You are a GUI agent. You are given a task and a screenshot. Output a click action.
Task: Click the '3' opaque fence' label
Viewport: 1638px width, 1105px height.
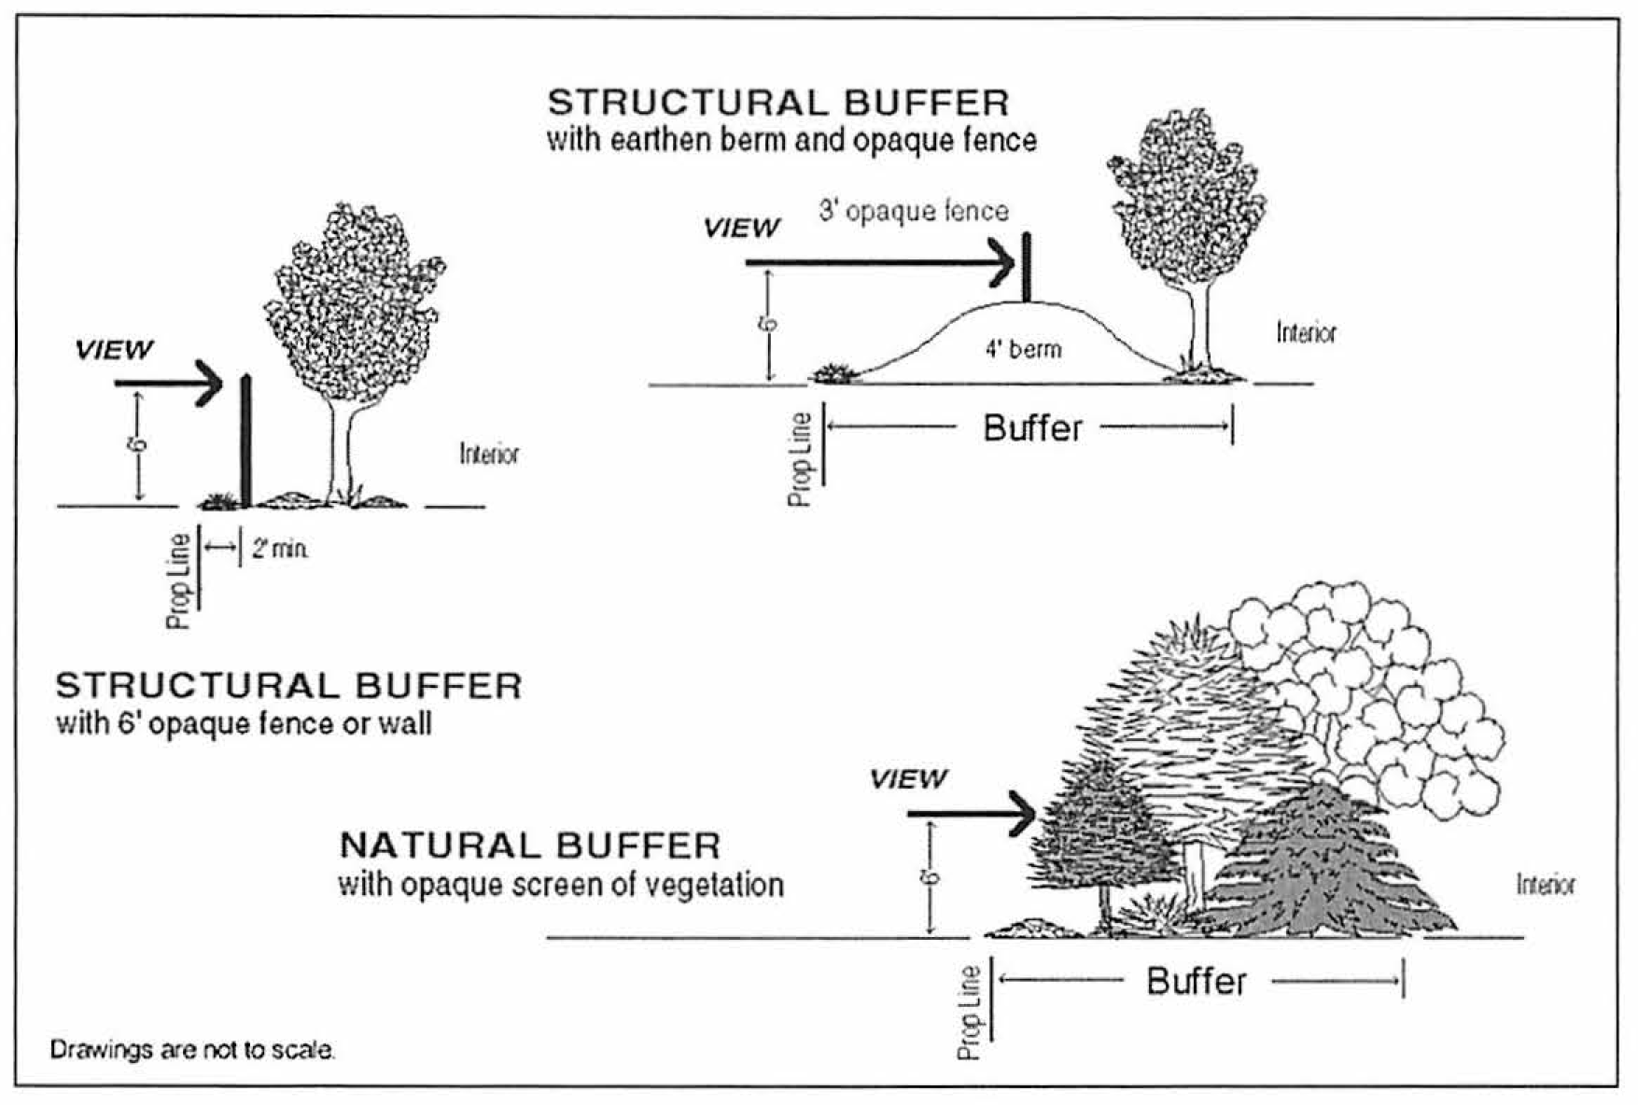coord(914,211)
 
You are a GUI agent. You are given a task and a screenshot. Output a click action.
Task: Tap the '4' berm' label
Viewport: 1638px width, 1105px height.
coord(1024,349)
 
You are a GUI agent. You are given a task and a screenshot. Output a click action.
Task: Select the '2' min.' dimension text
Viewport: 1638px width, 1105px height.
coord(279,549)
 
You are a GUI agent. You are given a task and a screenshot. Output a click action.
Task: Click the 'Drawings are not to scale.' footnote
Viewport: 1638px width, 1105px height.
coord(192,1050)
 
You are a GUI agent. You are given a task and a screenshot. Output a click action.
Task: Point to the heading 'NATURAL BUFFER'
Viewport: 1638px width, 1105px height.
coord(530,846)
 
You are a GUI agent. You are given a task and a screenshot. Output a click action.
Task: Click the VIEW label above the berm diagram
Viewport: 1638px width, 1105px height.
coord(741,228)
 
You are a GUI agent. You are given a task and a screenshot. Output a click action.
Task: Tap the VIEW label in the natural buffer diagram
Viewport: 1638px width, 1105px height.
coord(908,778)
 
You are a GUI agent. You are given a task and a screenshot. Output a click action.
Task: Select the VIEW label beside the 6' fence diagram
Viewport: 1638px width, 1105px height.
coord(114,350)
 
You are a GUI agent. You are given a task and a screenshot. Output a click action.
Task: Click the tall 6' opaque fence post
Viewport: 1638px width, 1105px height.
coord(246,439)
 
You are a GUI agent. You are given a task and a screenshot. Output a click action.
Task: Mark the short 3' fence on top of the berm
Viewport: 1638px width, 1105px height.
coord(1027,267)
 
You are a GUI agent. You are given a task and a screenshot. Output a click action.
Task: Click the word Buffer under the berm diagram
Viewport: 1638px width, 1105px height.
coord(1032,428)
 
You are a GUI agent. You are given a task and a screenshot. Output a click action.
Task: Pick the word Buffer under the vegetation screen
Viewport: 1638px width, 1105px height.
coord(1196,982)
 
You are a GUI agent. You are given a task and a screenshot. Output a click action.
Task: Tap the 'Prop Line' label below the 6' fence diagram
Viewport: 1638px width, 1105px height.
coord(180,580)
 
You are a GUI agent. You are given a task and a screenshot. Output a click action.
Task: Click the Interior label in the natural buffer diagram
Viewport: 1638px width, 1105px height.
coord(1546,885)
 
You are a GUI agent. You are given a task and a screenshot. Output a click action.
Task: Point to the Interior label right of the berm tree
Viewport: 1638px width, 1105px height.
coord(1306,333)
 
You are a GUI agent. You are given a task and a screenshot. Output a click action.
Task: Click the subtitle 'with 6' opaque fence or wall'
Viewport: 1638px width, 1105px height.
coord(244,724)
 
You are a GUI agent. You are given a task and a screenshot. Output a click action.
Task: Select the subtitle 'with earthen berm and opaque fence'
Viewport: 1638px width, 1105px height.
coord(791,141)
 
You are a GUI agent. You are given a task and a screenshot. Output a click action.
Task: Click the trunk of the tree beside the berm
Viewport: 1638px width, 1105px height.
coord(1199,327)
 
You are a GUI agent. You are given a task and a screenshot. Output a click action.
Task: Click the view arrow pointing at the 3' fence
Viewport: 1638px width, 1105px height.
coord(877,263)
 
